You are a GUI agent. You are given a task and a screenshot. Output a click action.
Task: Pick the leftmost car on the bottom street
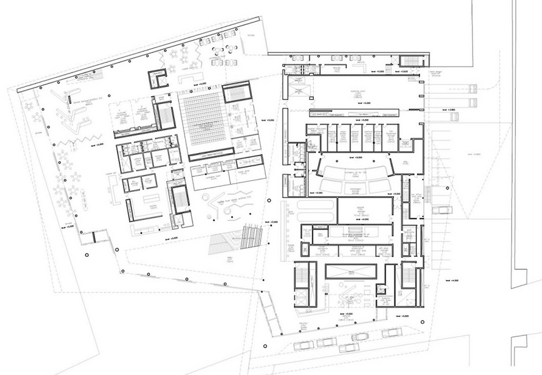click(x=303, y=346)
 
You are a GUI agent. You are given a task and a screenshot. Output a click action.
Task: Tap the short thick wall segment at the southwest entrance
click(x=94, y=238)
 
